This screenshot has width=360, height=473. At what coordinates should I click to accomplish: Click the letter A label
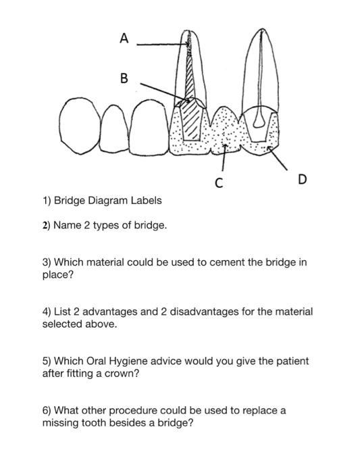[x=124, y=39]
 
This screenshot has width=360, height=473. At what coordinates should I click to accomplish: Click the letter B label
[x=124, y=78]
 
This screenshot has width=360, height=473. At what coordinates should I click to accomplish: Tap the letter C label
[x=220, y=183]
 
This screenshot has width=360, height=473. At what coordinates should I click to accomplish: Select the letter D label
[x=302, y=179]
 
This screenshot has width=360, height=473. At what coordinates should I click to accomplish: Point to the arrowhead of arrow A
[x=188, y=45]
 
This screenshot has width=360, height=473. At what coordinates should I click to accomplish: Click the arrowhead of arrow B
[x=187, y=100]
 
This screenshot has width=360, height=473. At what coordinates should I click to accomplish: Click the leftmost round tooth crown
[x=80, y=126]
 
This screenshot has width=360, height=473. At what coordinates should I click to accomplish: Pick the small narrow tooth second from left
[x=114, y=129]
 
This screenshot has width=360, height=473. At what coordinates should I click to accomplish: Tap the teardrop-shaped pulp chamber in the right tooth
[x=259, y=121]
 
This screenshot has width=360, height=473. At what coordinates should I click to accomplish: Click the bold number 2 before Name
[x=45, y=225]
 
